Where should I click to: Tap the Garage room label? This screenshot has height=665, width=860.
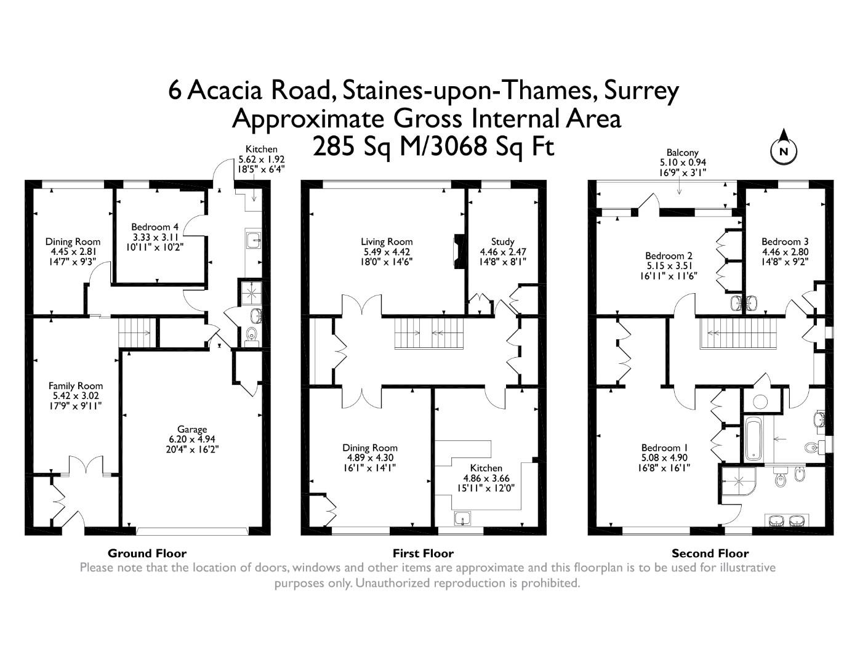[192, 429]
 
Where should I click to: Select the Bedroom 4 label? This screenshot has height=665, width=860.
[155, 227]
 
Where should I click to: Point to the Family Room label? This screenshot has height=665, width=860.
[76, 385]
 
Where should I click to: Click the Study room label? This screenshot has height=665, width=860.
[502, 241]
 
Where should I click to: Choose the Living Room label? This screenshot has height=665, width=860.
[387, 241]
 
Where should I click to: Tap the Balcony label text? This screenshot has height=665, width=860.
[683, 153]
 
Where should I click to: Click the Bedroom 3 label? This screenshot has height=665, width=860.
[785, 241]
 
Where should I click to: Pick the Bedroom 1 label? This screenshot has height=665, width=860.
[665, 448]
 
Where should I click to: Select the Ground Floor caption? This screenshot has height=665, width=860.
[147, 554]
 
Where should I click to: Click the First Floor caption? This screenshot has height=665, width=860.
[423, 554]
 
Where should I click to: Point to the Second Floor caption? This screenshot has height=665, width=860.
[710, 554]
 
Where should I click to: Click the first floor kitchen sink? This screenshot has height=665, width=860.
[463, 518]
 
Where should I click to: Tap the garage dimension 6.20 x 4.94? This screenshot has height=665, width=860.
[192, 439]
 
